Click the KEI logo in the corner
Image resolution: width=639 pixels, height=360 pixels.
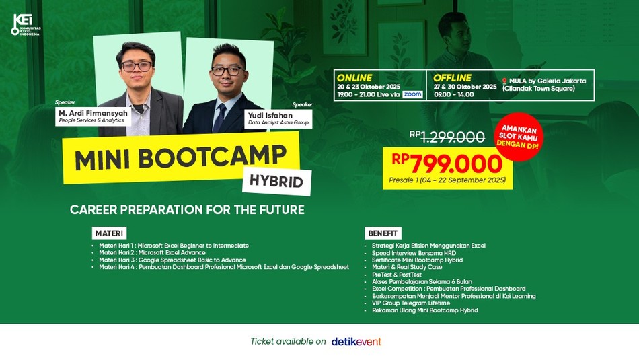(x=26, y=25)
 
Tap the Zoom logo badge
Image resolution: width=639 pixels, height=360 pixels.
(x=412, y=94)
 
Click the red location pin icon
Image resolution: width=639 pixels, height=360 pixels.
(x=504, y=81)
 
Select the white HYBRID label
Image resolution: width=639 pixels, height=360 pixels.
(x=276, y=182)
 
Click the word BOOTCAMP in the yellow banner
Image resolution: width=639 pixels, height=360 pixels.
(x=212, y=157)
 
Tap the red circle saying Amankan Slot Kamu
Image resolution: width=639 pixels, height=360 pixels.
(x=519, y=137)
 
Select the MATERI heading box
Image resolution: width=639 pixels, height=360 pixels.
(x=109, y=233)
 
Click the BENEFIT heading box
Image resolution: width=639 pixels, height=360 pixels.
(x=383, y=233)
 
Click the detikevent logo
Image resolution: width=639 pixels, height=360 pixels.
(x=356, y=342)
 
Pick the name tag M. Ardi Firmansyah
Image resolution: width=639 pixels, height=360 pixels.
(x=93, y=116)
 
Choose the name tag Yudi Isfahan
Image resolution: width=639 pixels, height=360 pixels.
(x=278, y=118)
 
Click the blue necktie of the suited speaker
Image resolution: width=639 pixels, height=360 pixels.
(x=220, y=118)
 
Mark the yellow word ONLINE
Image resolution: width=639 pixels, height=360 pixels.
(x=354, y=78)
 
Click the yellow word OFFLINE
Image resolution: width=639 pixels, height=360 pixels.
(x=452, y=78)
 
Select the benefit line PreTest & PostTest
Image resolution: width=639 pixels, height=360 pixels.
(x=397, y=275)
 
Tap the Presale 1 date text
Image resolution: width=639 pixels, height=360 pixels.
(x=447, y=180)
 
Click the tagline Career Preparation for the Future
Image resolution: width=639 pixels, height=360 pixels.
(x=187, y=209)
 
